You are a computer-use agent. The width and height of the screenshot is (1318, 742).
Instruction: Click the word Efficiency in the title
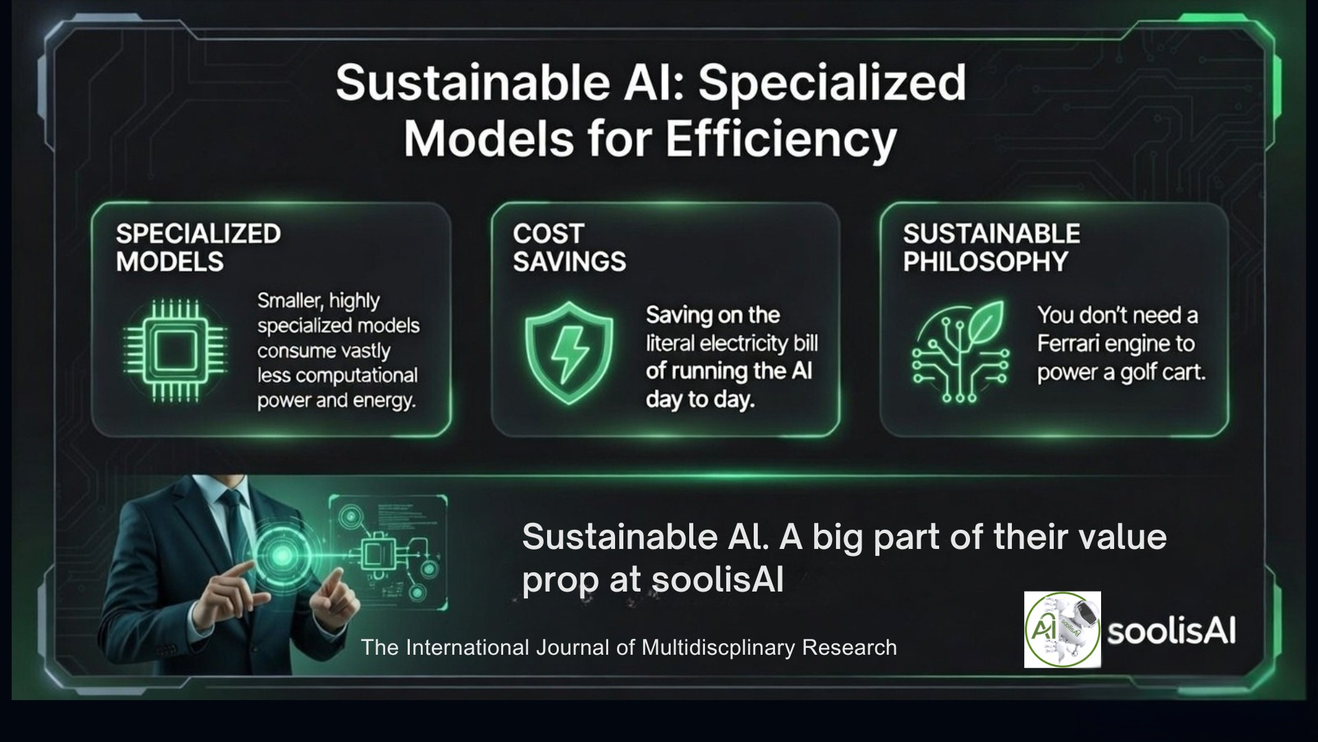tap(781, 139)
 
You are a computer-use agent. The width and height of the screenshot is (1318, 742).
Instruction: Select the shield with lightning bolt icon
tap(568, 352)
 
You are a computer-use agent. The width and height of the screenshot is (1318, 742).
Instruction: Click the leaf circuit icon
tap(960, 351)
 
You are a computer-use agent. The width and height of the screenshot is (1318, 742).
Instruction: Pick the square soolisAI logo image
tap(1062, 629)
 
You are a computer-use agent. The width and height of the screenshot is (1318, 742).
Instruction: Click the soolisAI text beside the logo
tap(1171, 631)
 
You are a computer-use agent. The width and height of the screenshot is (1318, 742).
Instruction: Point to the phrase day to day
tap(700, 400)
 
